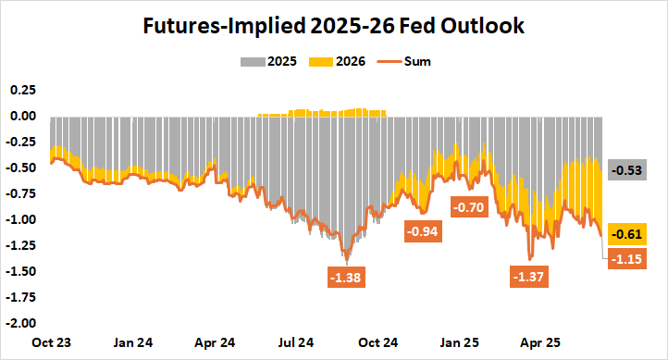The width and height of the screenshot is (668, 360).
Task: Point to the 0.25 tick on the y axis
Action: (21, 90)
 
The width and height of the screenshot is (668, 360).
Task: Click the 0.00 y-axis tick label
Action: (21, 116)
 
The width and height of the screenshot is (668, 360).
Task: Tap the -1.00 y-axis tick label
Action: (19, 219)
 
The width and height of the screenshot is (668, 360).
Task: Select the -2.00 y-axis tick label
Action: (19, 323)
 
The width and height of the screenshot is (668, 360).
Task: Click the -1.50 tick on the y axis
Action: (19, 271)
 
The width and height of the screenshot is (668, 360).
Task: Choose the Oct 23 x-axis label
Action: (52, 341)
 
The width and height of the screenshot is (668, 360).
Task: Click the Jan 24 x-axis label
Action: (133, 341)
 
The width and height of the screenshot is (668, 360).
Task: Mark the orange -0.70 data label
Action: (469, 207)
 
